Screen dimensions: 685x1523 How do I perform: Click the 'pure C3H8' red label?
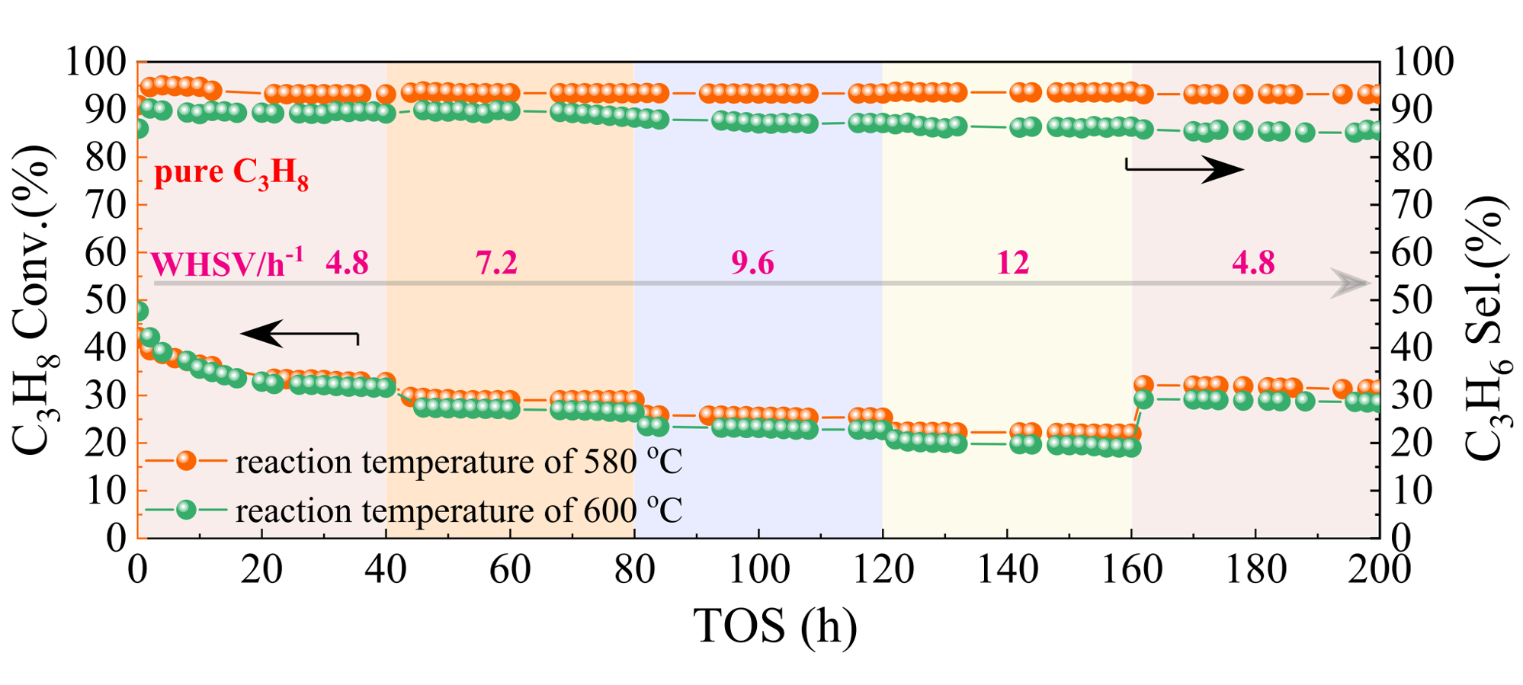point(231,173)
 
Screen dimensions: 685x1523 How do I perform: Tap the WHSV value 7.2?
point(496,263)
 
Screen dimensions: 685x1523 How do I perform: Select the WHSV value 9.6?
point(752,263)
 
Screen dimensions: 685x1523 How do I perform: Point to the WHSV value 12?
point(1012,263)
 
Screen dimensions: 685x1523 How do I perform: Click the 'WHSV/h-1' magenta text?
point(227,264)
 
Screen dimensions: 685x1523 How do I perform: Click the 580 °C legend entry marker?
point(186,461)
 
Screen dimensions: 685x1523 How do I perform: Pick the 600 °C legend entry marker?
point(186,510)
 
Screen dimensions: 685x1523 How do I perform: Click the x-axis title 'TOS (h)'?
point(774,626)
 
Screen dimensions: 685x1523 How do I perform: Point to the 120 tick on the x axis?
point(883,570)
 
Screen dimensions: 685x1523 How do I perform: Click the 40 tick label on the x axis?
point(386,570)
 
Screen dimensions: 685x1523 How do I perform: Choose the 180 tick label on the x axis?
point(1255,570)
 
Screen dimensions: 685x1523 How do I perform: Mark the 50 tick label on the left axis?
point(105,300)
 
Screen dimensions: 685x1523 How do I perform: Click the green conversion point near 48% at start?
point(140,311)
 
